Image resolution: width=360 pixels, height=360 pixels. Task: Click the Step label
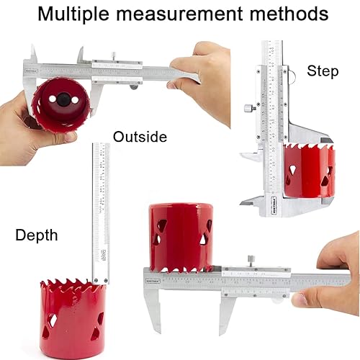pyautogui.click(x=323, y=71)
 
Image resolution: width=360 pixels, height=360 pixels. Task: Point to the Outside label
pyautogui.click(x=140, y=136)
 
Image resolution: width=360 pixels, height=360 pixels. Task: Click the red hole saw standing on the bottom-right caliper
pyautogui.click(x=181, y=235)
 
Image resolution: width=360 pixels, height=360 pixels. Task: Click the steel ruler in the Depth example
pyautogui.click(x=101, y=209)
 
